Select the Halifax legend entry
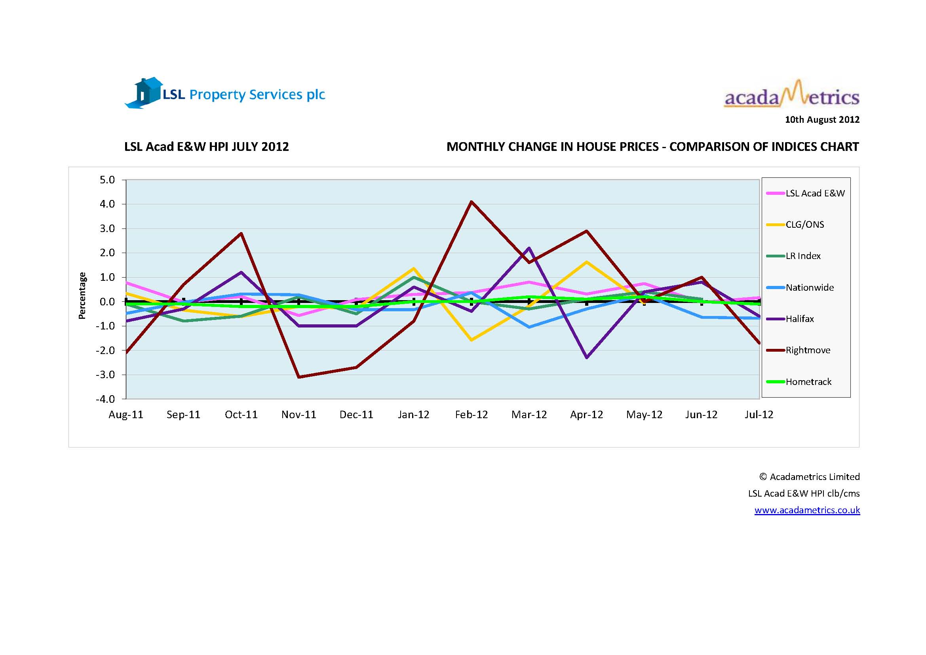[x=799, y=319]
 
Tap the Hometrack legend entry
[x=808, y=381]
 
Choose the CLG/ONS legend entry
[x=804, y=224]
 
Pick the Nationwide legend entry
[x=810, y=287]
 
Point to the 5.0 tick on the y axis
[x=107, y=180]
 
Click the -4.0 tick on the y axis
[x=105, y=399]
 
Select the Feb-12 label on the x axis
[x=471, y=415]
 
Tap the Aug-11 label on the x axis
[x=126, y=415]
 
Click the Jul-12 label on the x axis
[x=759, y=415]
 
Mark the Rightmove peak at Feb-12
[x=472, y=202]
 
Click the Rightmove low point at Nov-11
[x=299, y=377]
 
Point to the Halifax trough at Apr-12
[x=586, y=357]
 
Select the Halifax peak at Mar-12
[x=529, y=248]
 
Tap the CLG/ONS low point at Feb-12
[x=472, y=340]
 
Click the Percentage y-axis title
[x=82, y=296]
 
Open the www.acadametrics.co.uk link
[x=807, y=510]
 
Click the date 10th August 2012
[x=822, y=120]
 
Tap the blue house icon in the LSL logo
[x=145, y=93]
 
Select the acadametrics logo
[x=791, y=95]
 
